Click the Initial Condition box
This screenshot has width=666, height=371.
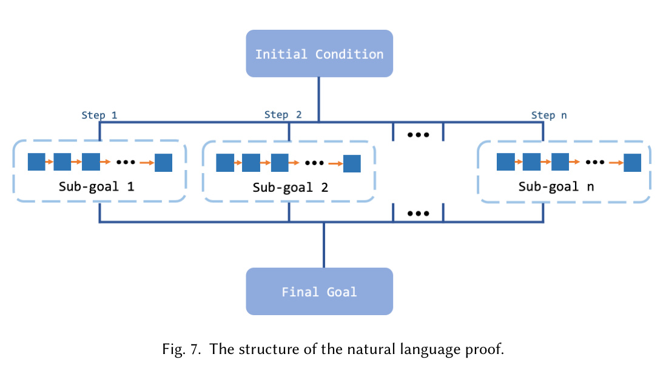(x=319, y=54)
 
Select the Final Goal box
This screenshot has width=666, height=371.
(x=319, y=292)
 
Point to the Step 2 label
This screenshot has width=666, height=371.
(x=283, y=114)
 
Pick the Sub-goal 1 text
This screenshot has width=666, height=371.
(x=96, y=186)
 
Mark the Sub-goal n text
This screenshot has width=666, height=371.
(x=556, y=186)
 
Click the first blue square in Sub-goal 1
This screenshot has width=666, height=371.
(x=36, y=162)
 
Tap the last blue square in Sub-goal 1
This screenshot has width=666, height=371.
(x=163, y=163)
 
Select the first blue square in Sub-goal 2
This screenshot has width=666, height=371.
(x=225, y=163)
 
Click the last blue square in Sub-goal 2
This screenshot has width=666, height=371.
(x=352, y=163)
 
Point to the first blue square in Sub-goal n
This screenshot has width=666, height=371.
(x=505, y=162)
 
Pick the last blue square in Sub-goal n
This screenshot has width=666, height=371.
(x=633, y=163)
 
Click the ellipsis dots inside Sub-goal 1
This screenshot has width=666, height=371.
(x=125, y=163)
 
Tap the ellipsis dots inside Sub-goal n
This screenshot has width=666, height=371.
(x=595, y=163)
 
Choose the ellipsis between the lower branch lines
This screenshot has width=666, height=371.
(x=418, y=213)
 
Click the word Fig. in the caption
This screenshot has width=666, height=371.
(x=173, y=349)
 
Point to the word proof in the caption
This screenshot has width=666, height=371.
(x=488, y=350)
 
